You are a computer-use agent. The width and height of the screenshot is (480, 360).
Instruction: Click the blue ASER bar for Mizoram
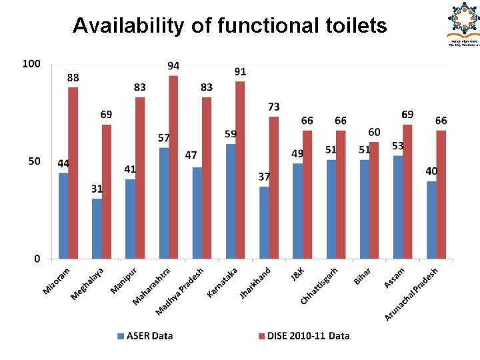tap(63, 215)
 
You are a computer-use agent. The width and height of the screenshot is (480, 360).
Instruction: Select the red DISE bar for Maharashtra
tap(173, 167)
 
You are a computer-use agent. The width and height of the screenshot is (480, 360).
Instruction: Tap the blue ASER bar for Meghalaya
tap(97, 228)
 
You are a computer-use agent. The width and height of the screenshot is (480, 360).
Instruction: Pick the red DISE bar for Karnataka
tap(240, 169)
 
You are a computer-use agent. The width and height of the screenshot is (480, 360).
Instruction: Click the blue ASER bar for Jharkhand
tap(264, 222)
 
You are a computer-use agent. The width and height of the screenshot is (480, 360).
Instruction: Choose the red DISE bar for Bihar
tap(374, 200)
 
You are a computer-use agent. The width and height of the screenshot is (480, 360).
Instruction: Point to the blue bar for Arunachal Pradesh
tap(431, 219)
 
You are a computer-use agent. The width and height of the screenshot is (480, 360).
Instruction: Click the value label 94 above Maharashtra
tap(173, 66)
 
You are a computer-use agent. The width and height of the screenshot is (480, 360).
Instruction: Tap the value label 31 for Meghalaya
tap(97, 189)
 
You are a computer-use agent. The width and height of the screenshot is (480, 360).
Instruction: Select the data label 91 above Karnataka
tap(240, 71)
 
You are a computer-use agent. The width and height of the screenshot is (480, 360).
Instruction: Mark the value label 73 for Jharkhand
tap(274, 107)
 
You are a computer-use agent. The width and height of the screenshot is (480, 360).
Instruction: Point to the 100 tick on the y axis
tap(31, 64)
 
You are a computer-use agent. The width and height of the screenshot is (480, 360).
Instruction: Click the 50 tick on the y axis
tap(33, 161)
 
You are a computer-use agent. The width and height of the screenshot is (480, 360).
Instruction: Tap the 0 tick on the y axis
tap(37, 259)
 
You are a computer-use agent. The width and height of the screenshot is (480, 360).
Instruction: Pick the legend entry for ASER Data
tap(145, 336)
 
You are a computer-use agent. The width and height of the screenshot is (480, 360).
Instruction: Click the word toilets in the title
tap(347, 26)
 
